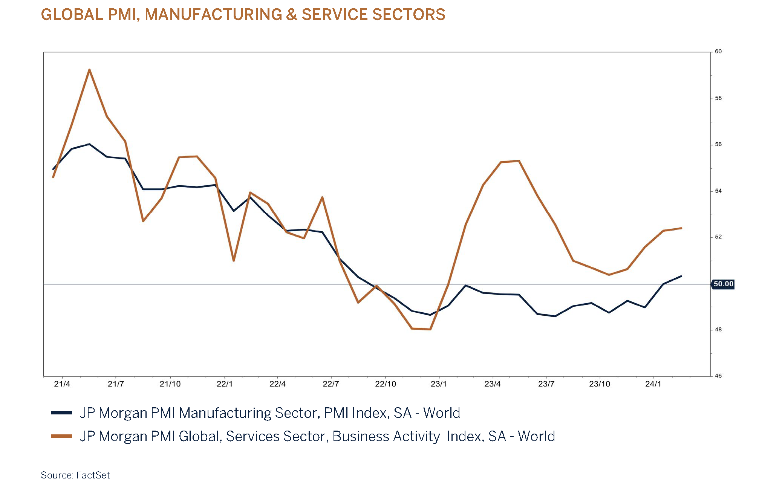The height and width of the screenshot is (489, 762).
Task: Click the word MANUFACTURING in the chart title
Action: point(213,15)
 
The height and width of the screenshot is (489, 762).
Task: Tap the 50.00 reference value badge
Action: point(723,284)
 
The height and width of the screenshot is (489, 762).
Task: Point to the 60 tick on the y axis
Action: point(718,52)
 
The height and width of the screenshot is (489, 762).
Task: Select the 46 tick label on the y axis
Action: point(718,376)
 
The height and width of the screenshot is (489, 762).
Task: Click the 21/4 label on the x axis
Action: point(62,384)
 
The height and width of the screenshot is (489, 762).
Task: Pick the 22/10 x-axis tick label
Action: point(386,384)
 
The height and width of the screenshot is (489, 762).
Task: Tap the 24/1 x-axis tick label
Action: point(653,384)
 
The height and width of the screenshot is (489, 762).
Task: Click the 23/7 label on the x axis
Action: point(546,384)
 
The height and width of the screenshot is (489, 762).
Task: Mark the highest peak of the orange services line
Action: point(89,70)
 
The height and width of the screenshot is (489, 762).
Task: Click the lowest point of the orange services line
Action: point(430,329)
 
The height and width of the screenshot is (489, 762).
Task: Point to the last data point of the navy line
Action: point(681,276)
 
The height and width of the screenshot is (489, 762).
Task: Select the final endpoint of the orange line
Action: point(681,228)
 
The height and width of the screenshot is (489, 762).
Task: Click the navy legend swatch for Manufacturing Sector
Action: point(61,413)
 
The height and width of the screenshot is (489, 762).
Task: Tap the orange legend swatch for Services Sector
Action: point(61,436)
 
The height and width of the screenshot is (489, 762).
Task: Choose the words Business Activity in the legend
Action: point(386,436)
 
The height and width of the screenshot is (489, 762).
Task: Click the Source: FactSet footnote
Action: point(75,475)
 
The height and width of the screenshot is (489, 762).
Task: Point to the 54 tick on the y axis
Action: point(718,191)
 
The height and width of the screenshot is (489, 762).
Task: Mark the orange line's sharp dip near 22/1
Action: point(234,260)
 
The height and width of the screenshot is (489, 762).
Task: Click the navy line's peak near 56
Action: point(89,144)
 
